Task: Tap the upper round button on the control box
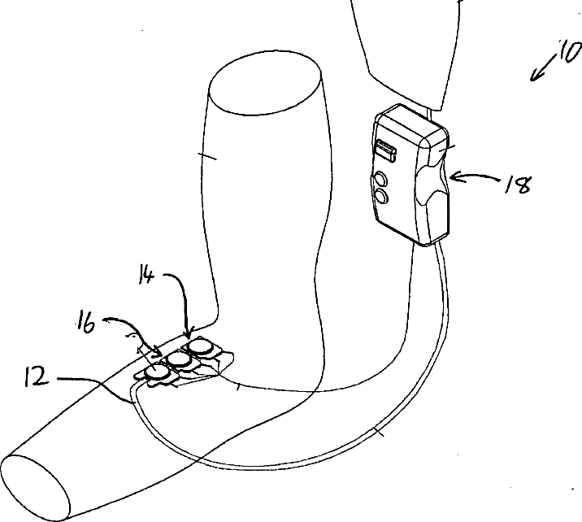[380, 178]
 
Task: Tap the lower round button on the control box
[380, 197]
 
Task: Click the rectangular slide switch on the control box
[384, 149]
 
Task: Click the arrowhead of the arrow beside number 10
[534, 78]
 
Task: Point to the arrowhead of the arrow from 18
[453, 176]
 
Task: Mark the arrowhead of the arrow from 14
[188, 334]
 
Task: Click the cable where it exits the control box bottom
[438, 244]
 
